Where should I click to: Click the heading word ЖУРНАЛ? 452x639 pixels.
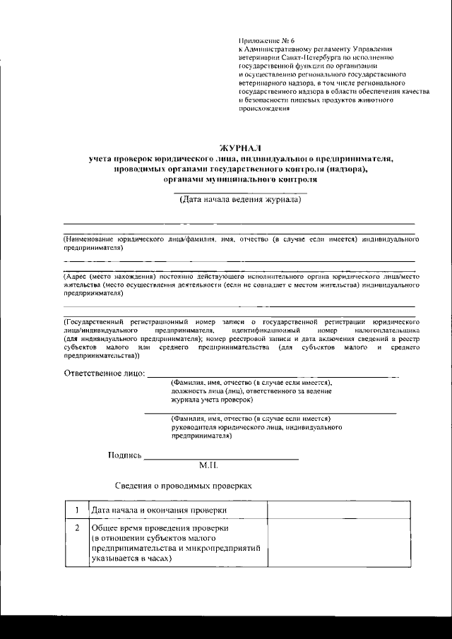click(239, 148)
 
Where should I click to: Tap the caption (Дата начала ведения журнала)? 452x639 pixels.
click(240, 200)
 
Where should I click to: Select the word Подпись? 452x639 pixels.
click(124, 455)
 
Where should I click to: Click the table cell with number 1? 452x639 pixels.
click(76, 510)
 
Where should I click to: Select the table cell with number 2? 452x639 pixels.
click(76, 528)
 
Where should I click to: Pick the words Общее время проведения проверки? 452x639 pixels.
click(160, 528)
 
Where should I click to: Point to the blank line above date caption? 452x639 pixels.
click(240, 191)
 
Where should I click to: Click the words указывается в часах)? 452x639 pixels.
click(131, 558)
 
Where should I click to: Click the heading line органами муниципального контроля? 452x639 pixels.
click(239, 179)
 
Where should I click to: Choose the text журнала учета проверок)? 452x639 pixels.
click(212, 399)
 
